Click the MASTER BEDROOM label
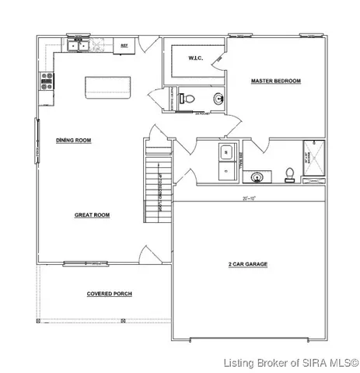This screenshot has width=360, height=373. tap(274, 81)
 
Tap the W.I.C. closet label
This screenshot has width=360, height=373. tap(195, 59)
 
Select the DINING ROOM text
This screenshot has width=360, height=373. tap(75, 141)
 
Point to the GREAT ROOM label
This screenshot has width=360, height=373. tap(90, 214)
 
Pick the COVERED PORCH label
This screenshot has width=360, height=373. tap(108, 295)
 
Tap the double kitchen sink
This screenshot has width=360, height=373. tap(79, 46)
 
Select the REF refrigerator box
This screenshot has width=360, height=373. tap(124, 46)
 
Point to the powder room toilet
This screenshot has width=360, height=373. tap(183, 99)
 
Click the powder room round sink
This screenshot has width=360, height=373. tap(218, 99)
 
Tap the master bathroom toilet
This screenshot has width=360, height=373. tap(289, 173)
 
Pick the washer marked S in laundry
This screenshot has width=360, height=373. tap(225, 152)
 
